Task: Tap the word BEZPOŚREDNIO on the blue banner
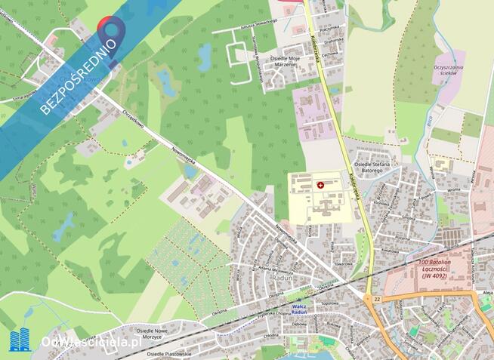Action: [x=79, y=75]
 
